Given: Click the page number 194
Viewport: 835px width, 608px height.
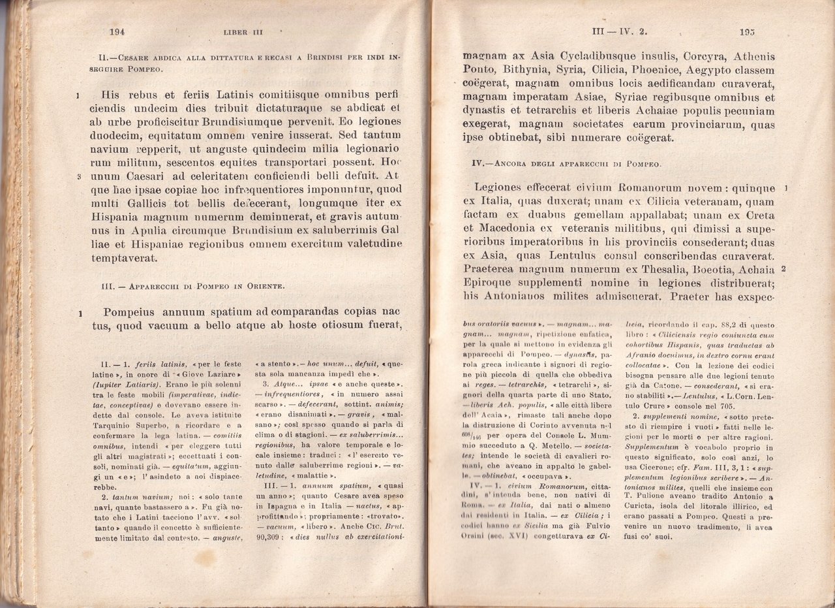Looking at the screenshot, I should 117,33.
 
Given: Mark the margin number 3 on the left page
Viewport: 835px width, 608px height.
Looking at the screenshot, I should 78,176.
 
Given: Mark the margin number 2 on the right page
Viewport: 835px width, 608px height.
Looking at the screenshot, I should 783,270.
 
